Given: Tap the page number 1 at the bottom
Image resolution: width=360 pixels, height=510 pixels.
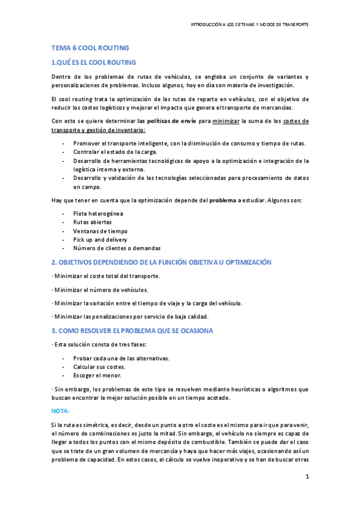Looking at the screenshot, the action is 307,478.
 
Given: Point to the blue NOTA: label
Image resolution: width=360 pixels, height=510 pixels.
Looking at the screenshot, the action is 60,411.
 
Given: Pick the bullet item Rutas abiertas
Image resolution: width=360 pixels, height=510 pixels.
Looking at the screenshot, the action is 92,222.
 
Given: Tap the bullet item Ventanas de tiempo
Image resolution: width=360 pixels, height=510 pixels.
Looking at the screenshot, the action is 100,231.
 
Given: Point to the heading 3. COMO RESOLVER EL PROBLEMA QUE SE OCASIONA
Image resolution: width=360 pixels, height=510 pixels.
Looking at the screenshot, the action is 132,330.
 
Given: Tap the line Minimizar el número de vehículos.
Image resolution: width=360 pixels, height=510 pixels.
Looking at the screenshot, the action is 100,289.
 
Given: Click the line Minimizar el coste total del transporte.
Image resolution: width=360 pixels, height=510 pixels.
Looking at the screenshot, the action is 106,276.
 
